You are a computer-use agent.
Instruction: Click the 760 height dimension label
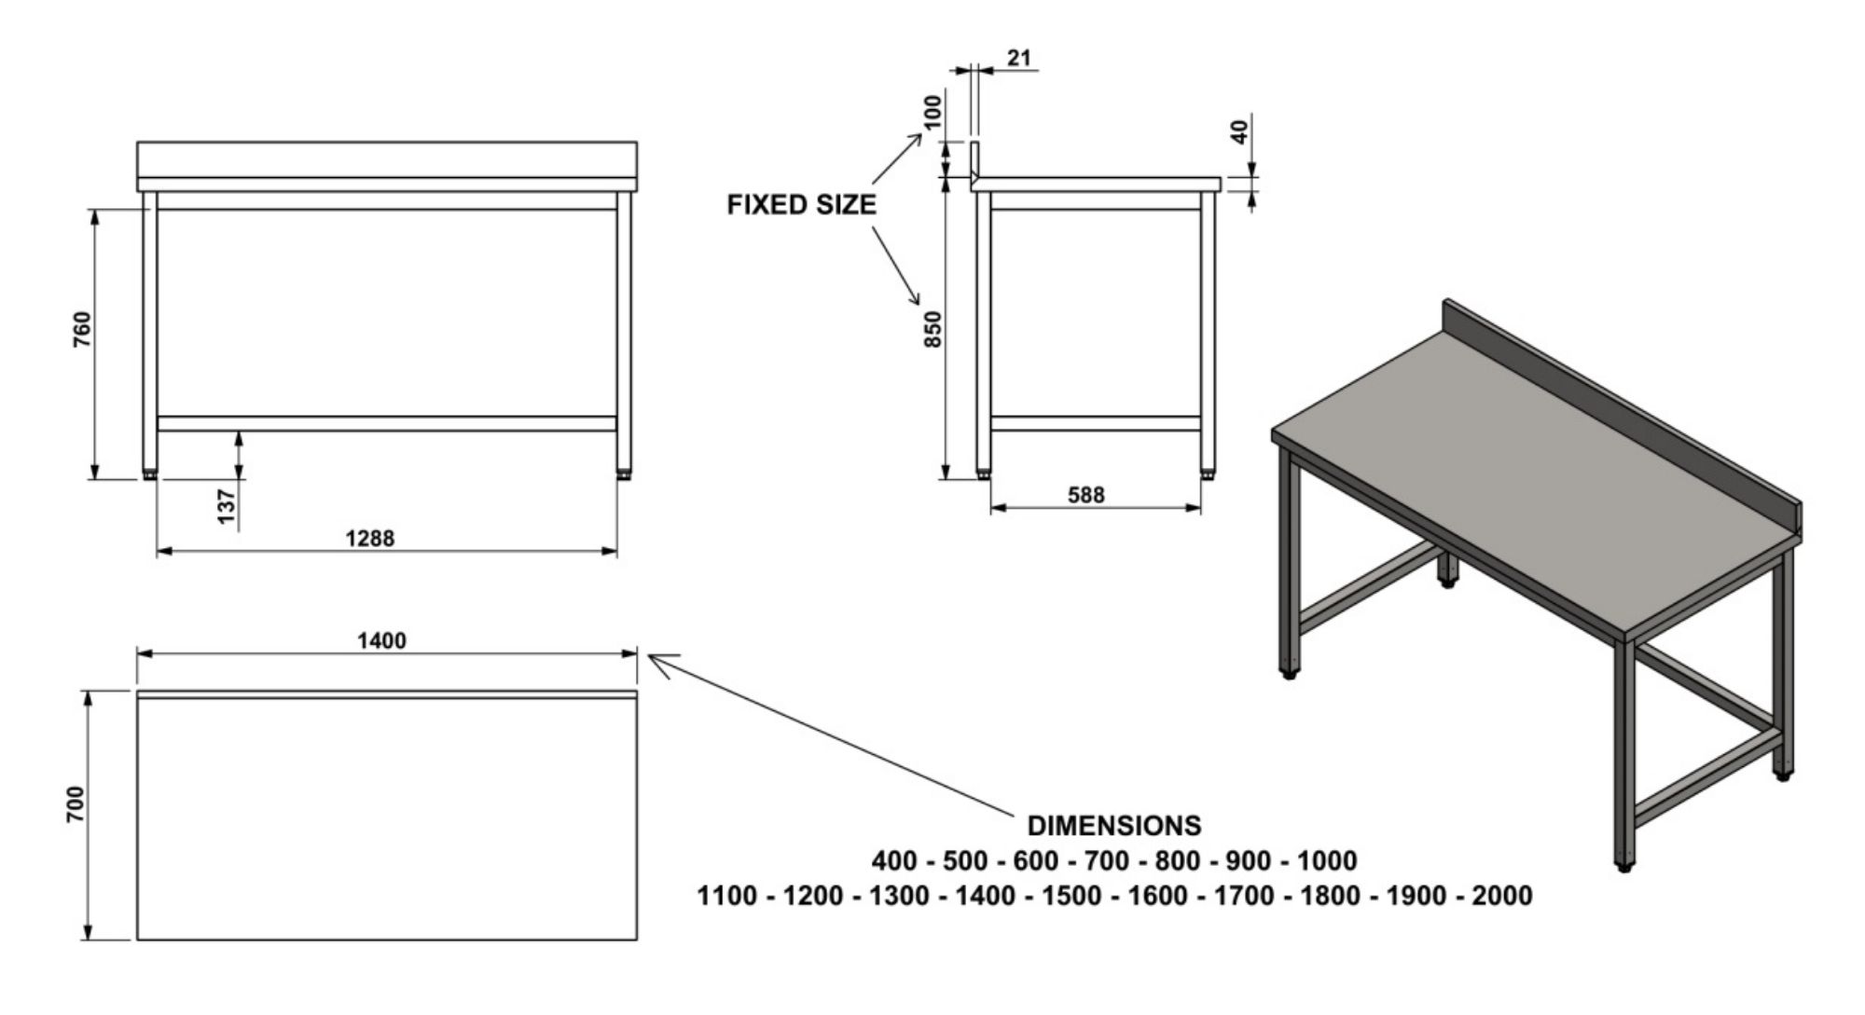pos(83,329)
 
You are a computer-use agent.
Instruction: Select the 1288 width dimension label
pos(369,538)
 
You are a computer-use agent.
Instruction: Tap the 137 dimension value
pos(227,506)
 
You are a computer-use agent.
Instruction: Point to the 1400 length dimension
pos(381,640)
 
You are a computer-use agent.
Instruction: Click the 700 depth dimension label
pos(76,804)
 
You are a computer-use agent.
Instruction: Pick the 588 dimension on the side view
pos(1085,494)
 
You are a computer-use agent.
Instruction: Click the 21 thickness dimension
pos(1019,58)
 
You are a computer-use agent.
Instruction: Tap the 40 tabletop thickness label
pos(1239,131)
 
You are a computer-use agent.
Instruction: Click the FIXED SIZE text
pos(801,205)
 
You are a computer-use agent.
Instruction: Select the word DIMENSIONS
pos(1113,825)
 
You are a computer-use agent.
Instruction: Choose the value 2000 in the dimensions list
pos(1501,896)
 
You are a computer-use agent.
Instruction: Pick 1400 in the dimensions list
pos(985,896)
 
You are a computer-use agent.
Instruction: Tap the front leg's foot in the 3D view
pos(1624,866)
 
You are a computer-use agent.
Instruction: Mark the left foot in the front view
pos(150,475)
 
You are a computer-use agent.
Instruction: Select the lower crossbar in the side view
pos(1095,423)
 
